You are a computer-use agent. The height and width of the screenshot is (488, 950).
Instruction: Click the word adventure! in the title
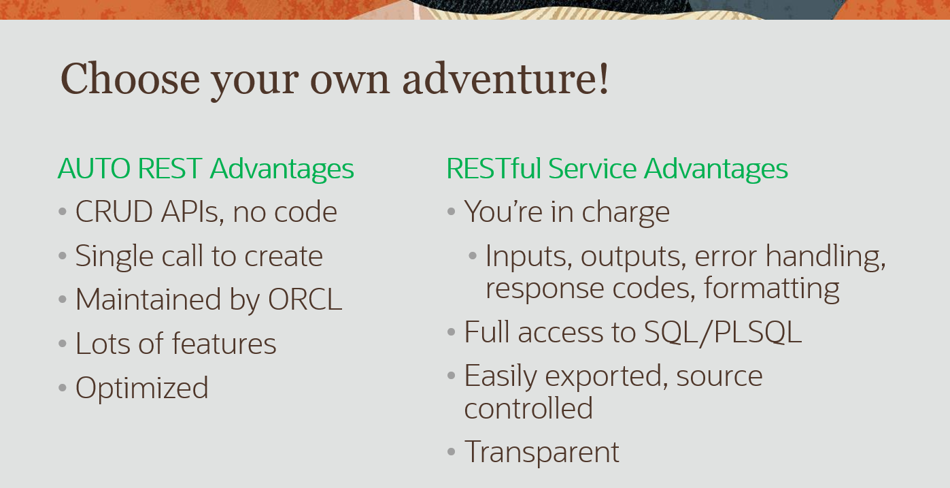click(505, 79)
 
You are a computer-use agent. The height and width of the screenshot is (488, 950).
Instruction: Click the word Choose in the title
click(130, 79)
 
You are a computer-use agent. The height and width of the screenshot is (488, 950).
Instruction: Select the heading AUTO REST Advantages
click(205, 169)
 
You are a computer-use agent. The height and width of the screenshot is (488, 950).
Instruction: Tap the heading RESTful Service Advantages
click(617, 169)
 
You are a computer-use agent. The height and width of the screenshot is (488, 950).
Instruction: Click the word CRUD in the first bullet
click(114, 211)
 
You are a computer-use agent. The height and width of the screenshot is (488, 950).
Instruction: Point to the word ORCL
click(305, 299)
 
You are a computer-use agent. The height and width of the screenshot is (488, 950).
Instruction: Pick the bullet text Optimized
click(141, 388)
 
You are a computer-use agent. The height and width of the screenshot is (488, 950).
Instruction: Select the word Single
click(114, 257)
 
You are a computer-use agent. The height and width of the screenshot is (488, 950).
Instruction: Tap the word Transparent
click(542, 452)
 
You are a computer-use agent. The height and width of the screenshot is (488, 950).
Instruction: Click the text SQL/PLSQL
click(723, 333)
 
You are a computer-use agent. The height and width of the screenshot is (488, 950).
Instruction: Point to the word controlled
click(528, 408)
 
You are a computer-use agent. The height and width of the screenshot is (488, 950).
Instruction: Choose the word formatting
click(771, 289)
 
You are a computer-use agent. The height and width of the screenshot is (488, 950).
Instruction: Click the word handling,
click(826, 257)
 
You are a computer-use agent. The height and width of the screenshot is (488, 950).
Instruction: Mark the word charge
click(626, 212)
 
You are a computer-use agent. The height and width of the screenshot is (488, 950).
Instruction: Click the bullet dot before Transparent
click(452, 452)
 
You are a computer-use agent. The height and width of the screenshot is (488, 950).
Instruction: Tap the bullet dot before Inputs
click(473, 255)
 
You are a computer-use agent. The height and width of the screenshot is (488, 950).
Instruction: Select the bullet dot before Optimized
click(63, 387)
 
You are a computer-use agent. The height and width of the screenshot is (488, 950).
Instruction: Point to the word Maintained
click(148, 299)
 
